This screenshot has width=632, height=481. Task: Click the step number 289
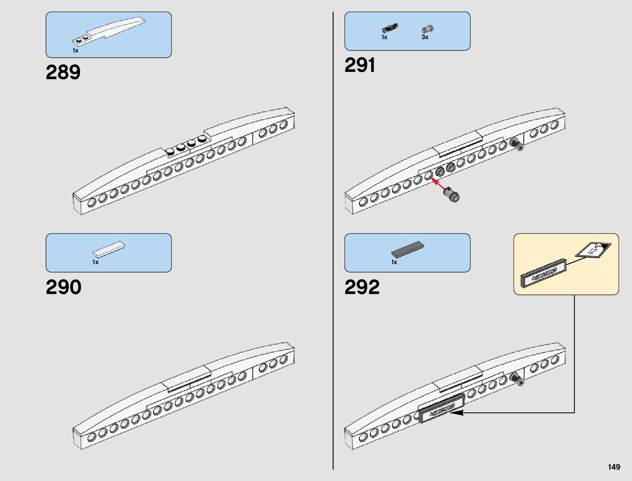pos(63,73)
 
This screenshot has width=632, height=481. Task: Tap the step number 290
pos(63,287)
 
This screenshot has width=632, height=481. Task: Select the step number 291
pos(360,65)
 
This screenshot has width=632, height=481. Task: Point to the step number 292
pos(362,287)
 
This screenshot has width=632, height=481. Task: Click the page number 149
pos(614,467)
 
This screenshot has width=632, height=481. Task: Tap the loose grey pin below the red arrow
pos(451,195)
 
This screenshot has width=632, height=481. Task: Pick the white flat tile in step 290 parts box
pos(109,249)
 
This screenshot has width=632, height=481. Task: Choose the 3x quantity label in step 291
pos(425,37)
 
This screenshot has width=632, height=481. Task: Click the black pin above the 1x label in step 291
pos(390,28)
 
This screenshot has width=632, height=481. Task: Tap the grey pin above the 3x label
pos(427,29)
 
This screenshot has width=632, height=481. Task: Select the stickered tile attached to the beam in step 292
pos(442,409)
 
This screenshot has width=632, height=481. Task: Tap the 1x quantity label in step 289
pos(76,51)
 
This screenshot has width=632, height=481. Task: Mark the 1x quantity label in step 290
pos(95,262)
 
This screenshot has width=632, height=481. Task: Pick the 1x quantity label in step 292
pos(394,262)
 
